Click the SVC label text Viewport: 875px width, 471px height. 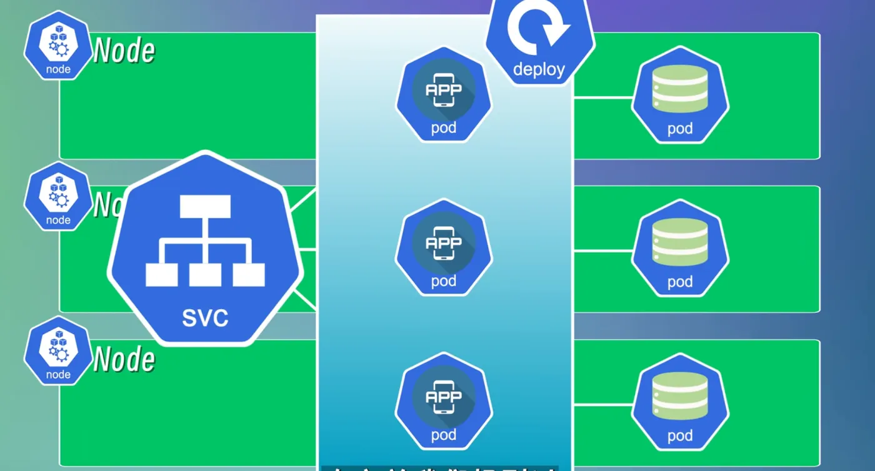(205, 317)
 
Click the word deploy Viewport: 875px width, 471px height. (539, 69)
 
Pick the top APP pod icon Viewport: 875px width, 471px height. (444, 94)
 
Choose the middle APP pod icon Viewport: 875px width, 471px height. (444, 247)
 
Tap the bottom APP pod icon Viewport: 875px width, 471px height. (444, 400)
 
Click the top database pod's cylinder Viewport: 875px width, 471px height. (680, 88)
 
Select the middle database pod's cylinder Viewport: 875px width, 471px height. (680, 241)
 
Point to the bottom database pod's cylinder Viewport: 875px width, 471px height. (680, 395)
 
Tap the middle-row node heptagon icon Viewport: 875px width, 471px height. (58, 197)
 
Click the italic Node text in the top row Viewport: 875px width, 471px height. (124, 51)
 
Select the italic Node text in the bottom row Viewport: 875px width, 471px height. (124, 359)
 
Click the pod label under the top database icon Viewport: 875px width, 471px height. (680, 129)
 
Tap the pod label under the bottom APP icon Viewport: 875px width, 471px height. (444, 435)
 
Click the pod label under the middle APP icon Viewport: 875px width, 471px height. (444, 281)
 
